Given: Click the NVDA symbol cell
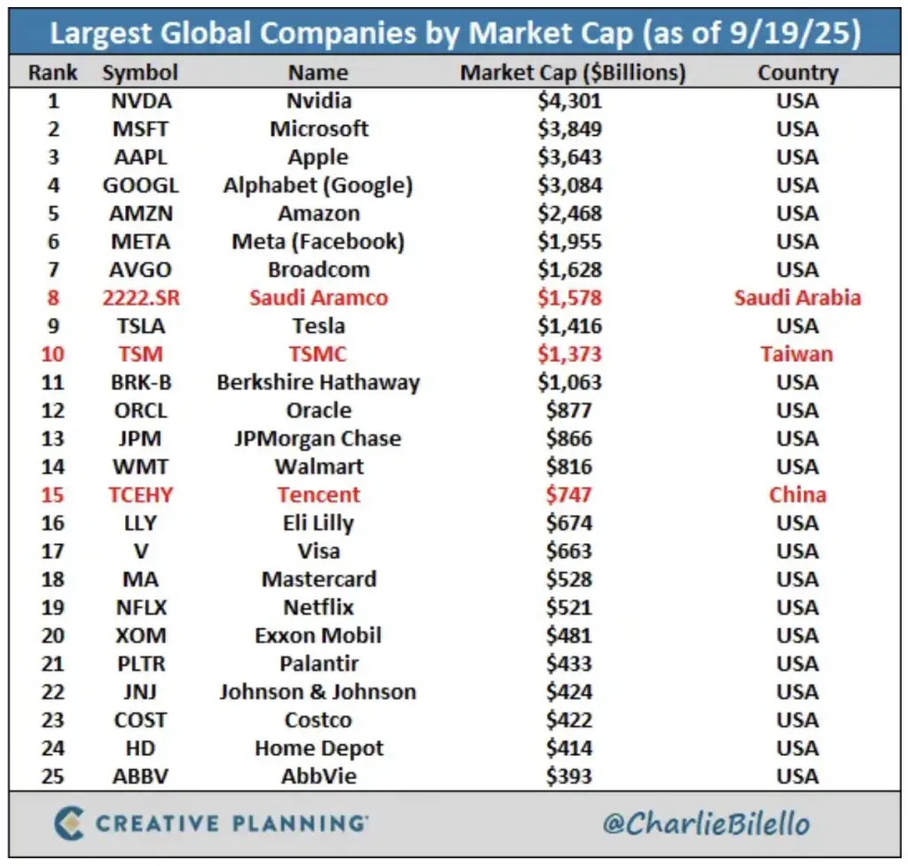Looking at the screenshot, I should [x=140, y=100].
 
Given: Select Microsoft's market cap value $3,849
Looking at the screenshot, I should [x=569, y=129].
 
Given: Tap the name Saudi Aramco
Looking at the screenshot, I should [x=318, y=298].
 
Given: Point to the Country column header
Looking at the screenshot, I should [x=797, y=73].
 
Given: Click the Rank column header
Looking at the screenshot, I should [x=53, y=73].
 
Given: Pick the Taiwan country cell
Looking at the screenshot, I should [x=797, y=354].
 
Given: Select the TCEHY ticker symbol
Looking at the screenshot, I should [x=140, y=494].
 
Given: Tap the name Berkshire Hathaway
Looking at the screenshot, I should [x=318, y=382].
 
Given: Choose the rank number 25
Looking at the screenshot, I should [x=53, y=776].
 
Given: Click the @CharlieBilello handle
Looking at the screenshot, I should [x=706, y=823].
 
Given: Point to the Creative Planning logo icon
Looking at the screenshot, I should [x=69, y=823].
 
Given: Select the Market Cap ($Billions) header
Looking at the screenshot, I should [x=572, y=73].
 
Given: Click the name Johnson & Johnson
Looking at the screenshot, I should [x=318, y=692].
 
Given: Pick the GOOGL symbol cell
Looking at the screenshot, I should [x=140, y=185].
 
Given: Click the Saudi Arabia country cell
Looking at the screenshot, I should [x=797, y=298].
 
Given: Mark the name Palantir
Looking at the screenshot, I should [x=318, y=664].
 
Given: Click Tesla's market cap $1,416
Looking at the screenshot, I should [x=569, y=326].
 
